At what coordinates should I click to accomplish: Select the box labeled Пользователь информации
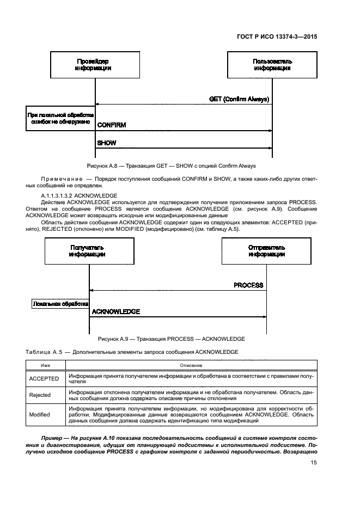(x=272, y=65)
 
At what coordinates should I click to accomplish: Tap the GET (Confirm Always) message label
(x=240, y=99)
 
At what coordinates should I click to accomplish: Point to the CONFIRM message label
(x=112, y=125)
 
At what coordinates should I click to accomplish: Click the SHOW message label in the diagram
(x=107, y=143)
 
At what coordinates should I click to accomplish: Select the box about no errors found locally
(x=60, y=119)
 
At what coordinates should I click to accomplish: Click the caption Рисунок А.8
(x=170, y=165)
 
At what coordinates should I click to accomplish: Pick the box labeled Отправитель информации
(x=266, y=251)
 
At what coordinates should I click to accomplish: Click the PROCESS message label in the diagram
(x=248, y=285)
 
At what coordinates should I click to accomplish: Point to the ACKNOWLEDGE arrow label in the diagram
(x=116, y=312)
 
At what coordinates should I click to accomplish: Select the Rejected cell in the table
(x=40, y=395)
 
